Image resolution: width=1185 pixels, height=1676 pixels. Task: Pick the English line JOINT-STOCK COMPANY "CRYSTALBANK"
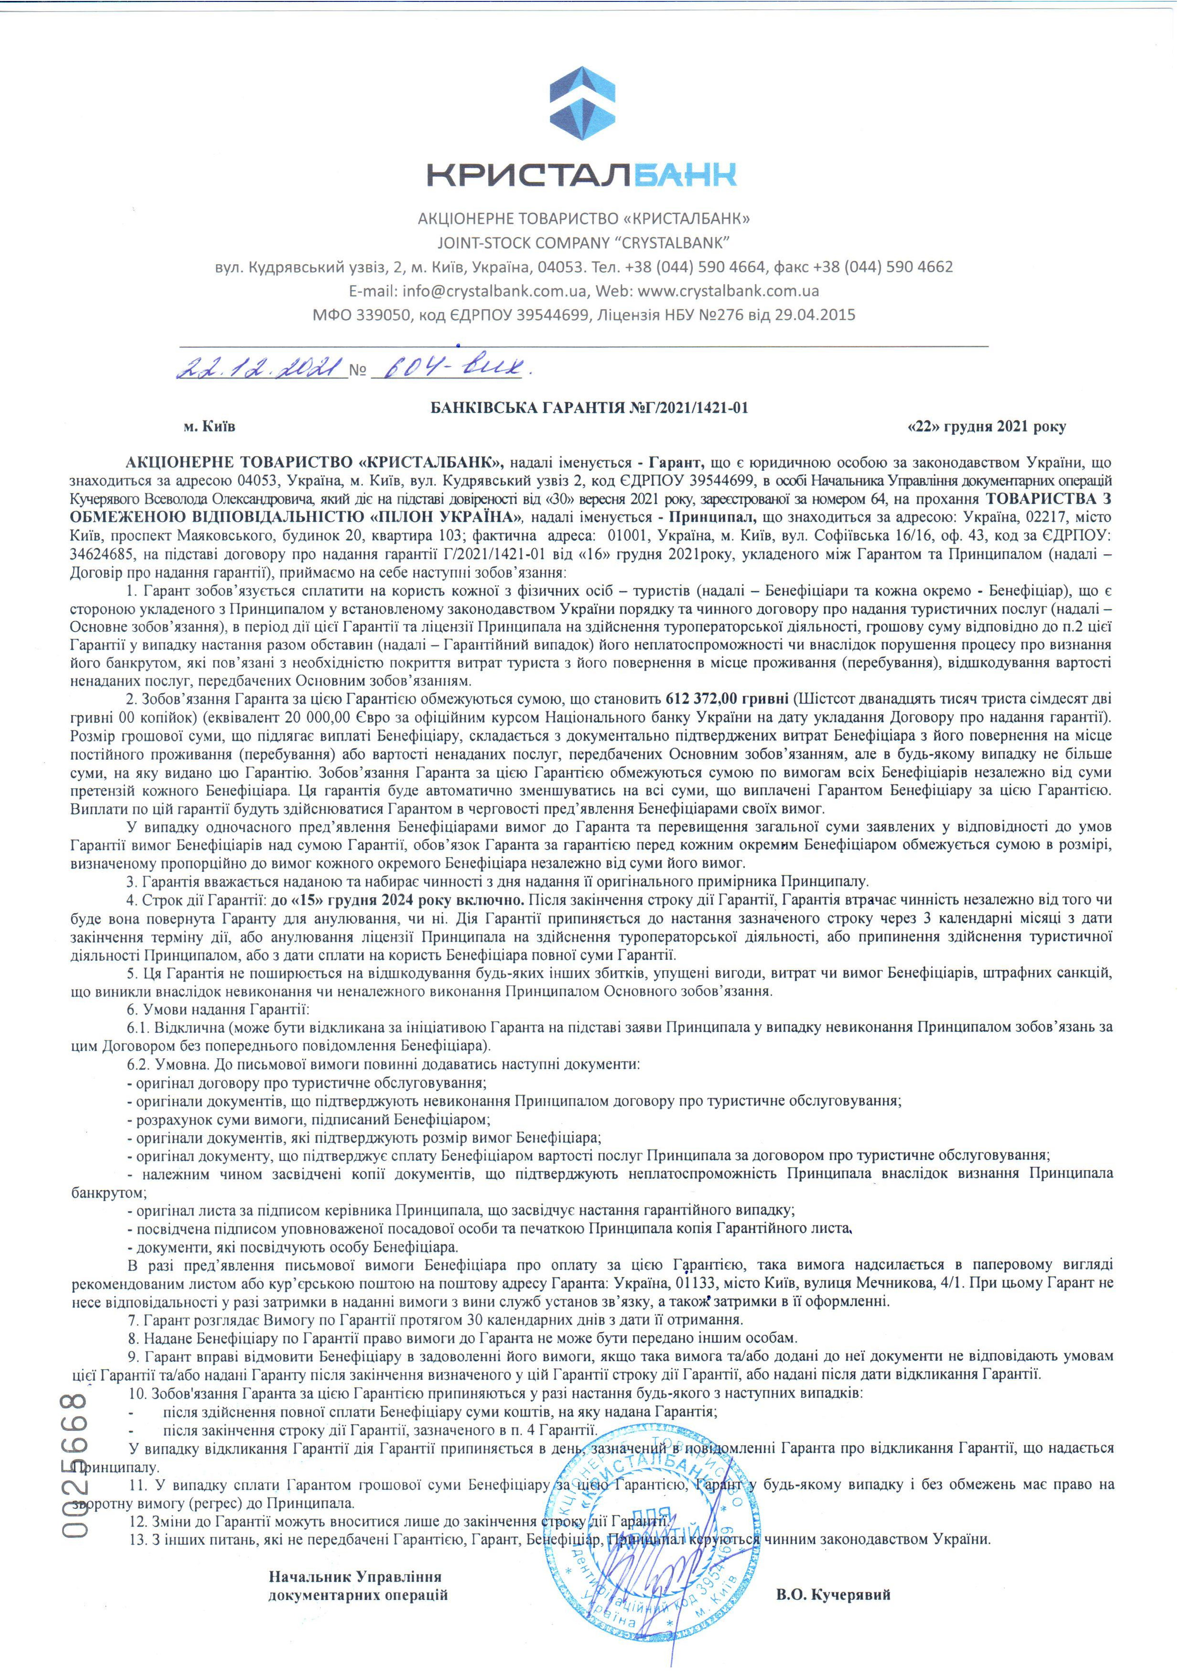click(583, 242)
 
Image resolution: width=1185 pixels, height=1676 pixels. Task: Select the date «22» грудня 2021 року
click(986, 426)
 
